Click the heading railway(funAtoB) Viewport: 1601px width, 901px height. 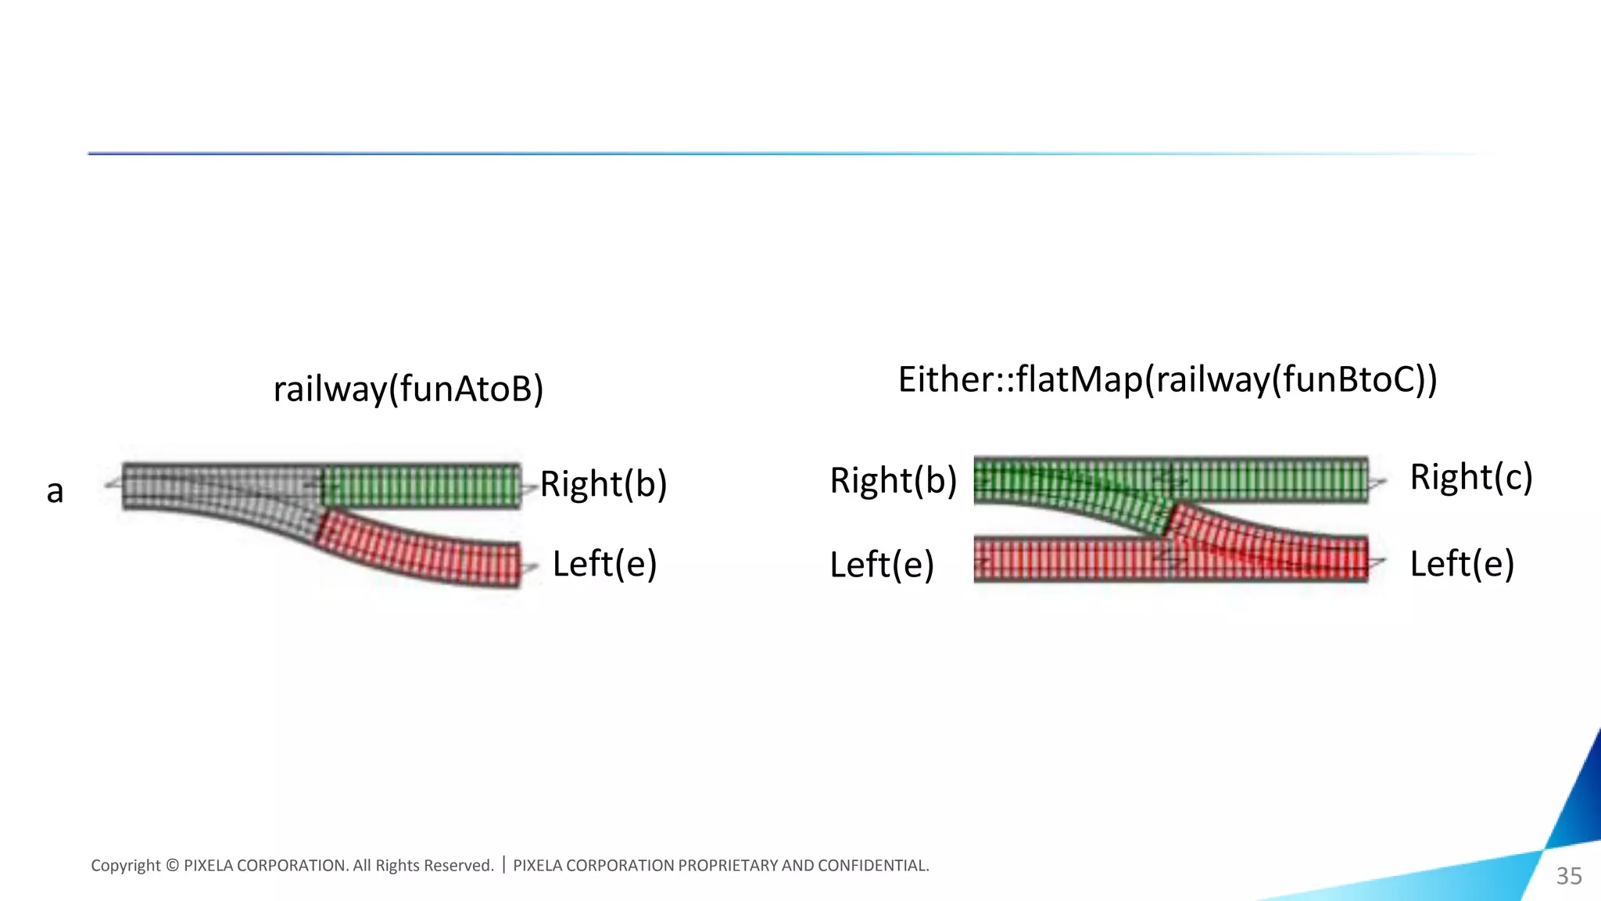407,389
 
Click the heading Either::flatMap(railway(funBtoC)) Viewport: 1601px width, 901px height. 1167,380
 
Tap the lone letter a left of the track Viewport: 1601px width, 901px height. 55,492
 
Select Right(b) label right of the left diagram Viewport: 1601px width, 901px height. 604,484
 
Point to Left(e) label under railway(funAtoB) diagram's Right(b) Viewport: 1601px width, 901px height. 604,564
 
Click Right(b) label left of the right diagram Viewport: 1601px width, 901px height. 893,480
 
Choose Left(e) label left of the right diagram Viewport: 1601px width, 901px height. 882,565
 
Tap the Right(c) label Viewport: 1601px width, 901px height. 1470,477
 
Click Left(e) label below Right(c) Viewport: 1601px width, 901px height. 1461,564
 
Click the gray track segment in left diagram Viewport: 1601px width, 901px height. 219,486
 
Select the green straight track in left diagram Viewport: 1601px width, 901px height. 422,486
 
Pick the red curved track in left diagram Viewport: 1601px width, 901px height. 422,551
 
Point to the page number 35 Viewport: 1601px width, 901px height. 1568,876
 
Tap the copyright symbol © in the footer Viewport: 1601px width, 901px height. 173,866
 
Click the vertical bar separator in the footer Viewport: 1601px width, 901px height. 503,865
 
